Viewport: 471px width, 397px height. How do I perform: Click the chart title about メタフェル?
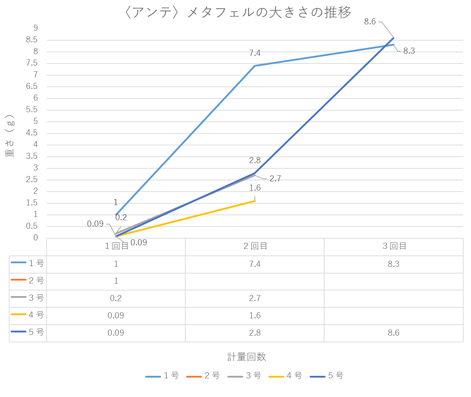coord(238,13)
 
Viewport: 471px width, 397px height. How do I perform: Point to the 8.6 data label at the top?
coord(370,22)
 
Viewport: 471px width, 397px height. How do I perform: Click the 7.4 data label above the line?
coord(255,53)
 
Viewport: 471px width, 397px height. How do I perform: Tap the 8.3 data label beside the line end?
coord(409,51)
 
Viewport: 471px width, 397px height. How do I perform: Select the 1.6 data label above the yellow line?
coord(255,188)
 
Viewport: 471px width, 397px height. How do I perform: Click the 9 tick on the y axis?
coord(35,28)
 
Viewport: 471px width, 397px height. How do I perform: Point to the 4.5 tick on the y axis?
coord(32,133)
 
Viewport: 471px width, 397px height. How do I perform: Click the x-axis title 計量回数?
coord(246,357)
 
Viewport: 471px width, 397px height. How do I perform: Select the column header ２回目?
coord(255,246)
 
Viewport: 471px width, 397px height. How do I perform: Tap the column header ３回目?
coord(394,246)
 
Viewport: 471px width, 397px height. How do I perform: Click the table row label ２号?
coord(36,281)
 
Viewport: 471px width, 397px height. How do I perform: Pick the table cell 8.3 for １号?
coord(393,264)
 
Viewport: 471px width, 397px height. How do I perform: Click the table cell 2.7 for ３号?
coord(255,298)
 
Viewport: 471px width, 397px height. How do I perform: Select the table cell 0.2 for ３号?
coord(116,298)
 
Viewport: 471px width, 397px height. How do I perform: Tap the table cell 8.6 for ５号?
coord(393,333)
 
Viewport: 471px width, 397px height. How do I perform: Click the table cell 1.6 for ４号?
coord(255,315)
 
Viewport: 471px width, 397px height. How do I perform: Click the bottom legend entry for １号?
coord(162,376)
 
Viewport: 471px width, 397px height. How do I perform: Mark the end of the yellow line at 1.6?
coord(255,201)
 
